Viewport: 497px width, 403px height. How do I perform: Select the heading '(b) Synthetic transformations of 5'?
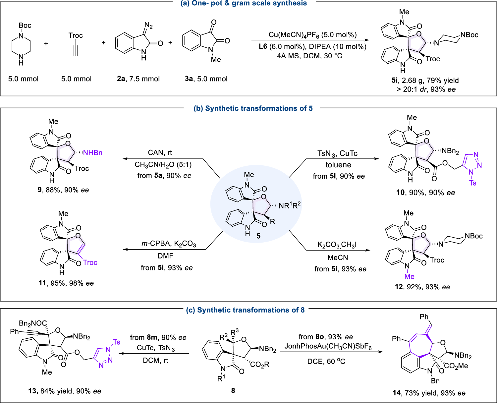[253, 109]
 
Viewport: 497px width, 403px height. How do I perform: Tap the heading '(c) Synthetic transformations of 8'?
[246, 310]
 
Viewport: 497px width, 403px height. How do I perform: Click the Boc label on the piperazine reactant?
[25, 26]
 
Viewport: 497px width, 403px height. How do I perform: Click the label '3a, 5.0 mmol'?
[206, 79]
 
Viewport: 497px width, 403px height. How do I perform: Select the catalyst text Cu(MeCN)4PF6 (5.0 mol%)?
[312, 35]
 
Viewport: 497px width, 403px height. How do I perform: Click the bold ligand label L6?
[263, 46]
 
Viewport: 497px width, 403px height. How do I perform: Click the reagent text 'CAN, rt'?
[160, 153]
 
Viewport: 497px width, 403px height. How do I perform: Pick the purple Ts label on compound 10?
[473, 183]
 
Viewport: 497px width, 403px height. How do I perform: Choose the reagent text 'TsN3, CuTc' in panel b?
[337, 153]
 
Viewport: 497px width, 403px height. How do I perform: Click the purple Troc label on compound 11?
[90, 262]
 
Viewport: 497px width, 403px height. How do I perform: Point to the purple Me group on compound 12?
[409, 276]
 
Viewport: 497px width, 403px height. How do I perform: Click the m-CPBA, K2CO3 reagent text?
[169, 245]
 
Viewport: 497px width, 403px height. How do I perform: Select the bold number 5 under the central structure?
[258, 236]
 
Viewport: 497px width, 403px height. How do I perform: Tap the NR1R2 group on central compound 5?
[290, 205]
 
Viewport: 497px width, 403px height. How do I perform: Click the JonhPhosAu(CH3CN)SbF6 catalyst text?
[328, 347]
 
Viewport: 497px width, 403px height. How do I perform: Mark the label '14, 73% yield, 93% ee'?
[429, 393]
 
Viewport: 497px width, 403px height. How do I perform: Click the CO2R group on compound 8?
[260, 365]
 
